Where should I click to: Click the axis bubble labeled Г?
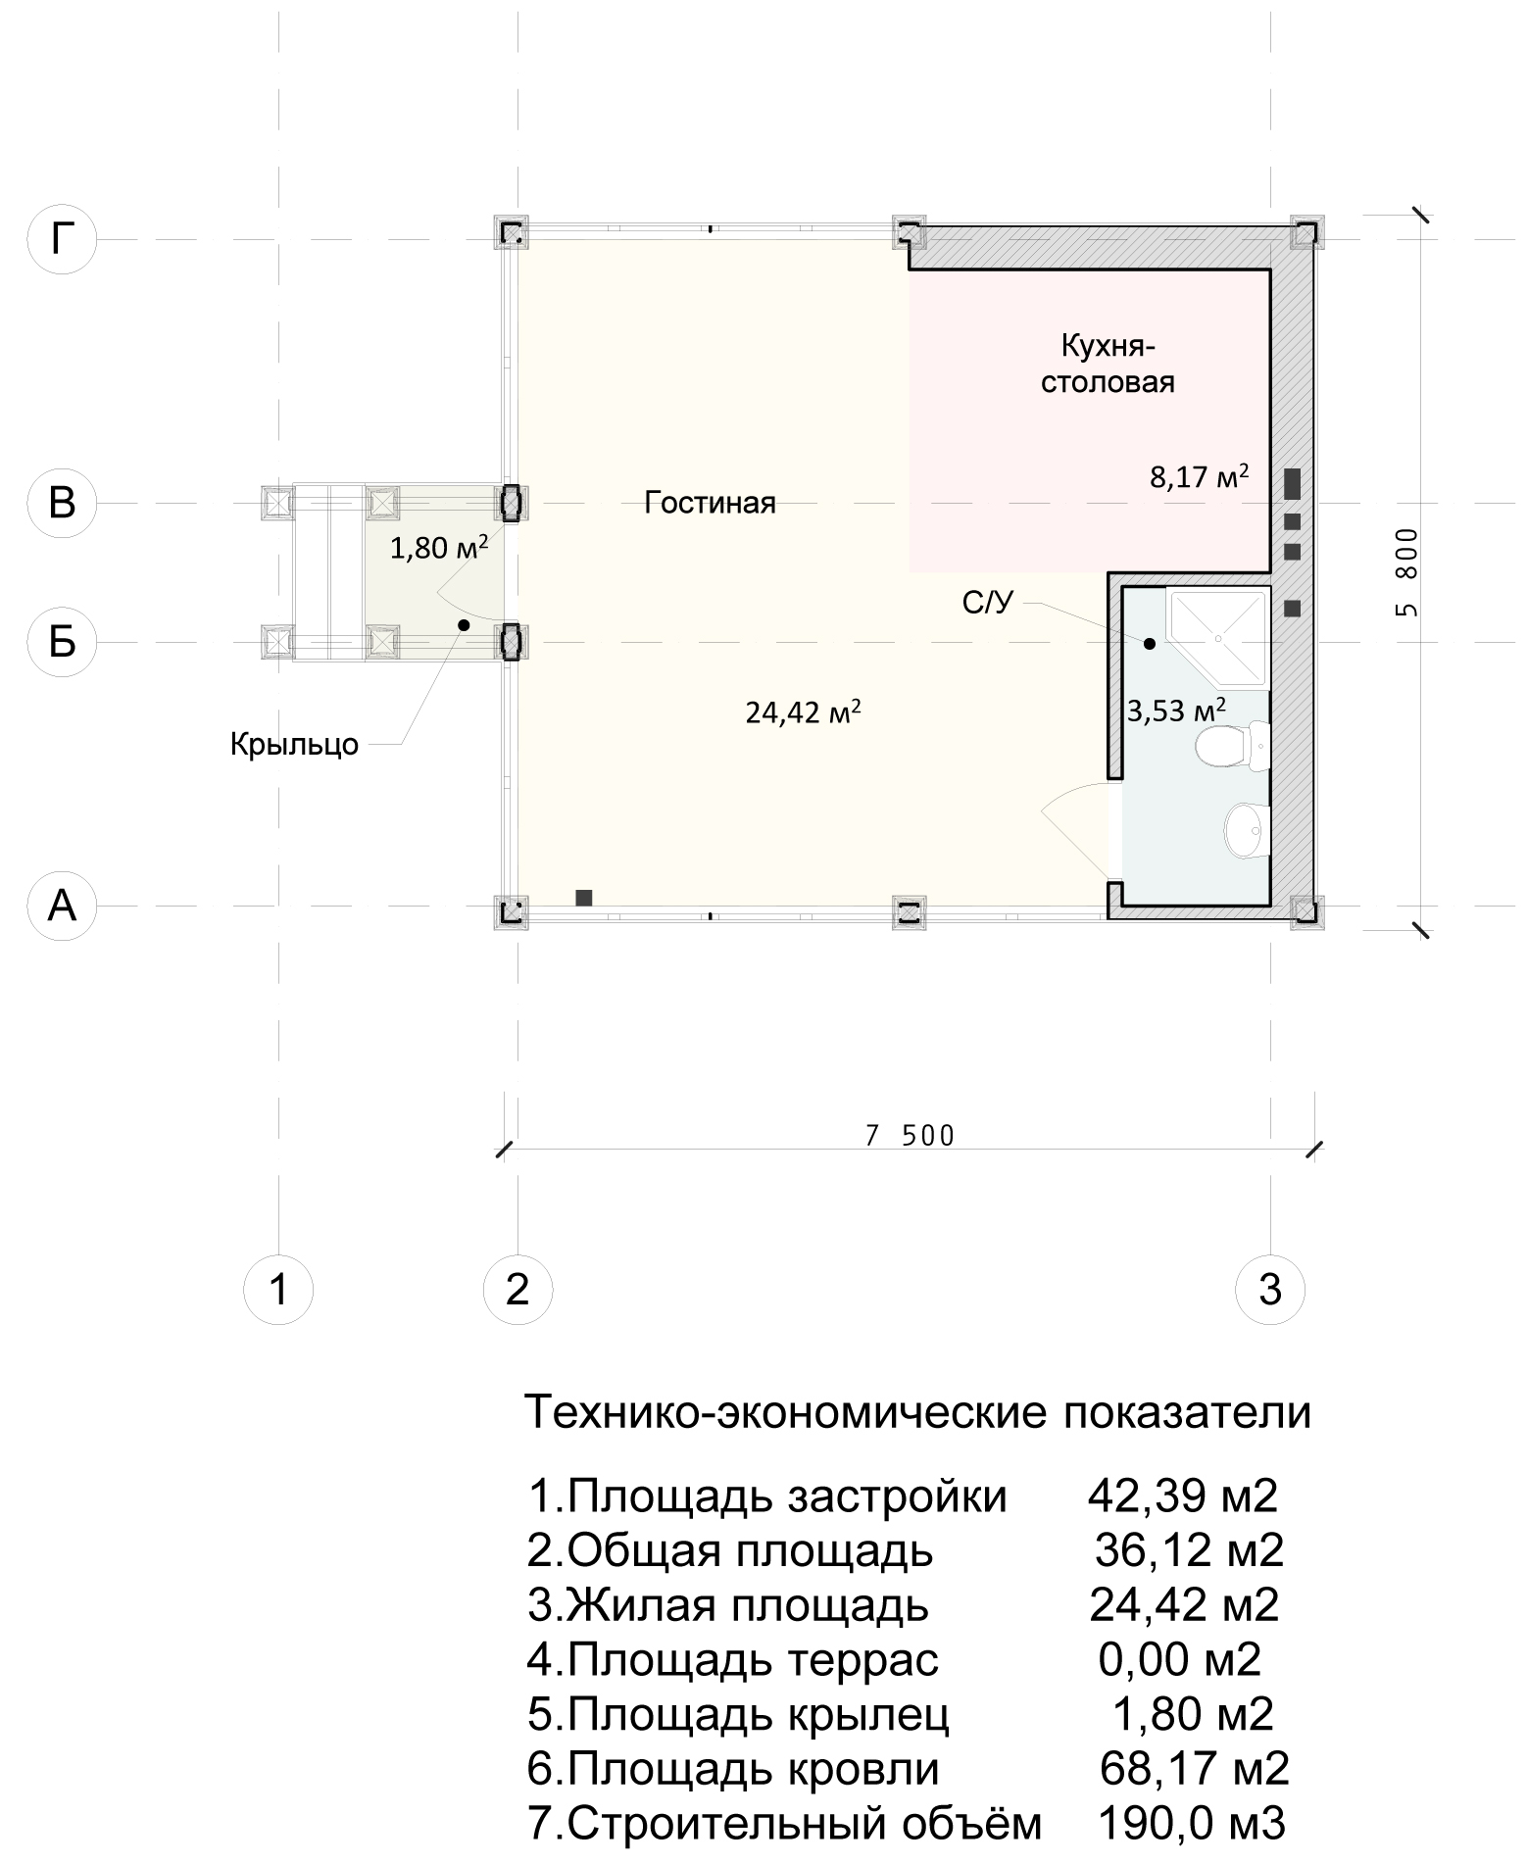(62, 238)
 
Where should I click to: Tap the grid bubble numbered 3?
(1270, 1289)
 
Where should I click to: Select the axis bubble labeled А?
(62, 907)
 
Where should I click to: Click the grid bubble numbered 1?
(279, 1289)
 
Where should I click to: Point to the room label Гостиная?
(710, 503)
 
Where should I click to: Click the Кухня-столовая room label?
(1108, 364)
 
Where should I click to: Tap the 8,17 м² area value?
(1200, 477)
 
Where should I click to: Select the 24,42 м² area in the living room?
(804, 711)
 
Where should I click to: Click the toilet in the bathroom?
(1232, 747)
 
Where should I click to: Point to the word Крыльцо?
(294, 745)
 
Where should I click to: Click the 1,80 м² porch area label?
(439, 546)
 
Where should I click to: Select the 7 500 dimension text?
(910, 1135)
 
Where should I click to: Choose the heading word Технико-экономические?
(783, 1413)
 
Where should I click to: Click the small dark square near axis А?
(583, 897)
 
